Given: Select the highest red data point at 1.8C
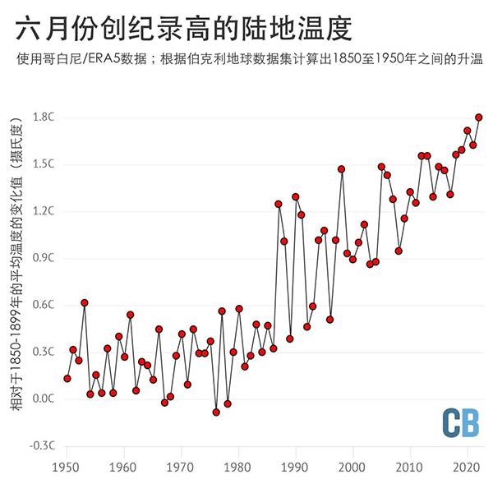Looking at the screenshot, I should click(x=479, y=117).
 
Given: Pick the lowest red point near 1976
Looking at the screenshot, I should click(x=216, y=412).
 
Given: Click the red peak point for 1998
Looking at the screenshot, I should click(x=341, y=169).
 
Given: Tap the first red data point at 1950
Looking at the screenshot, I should click(x=67, y=379).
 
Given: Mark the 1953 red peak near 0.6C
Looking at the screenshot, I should click(x=85, y=302).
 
